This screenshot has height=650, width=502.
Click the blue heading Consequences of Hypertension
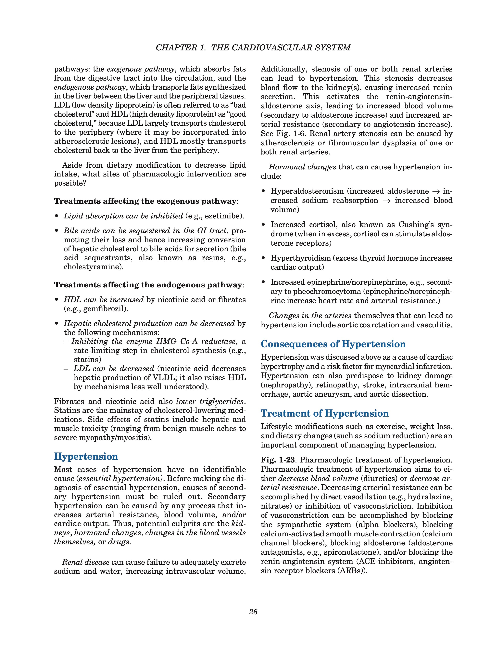pyautogui.click(x=333, y=344)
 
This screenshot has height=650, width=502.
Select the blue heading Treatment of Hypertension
pyautogui.click(x=325, y=413)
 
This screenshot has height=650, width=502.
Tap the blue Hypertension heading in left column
pyautogui.click(x=86, y=457)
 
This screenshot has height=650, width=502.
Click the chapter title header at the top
pyautogui.click(x=253, y=48)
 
